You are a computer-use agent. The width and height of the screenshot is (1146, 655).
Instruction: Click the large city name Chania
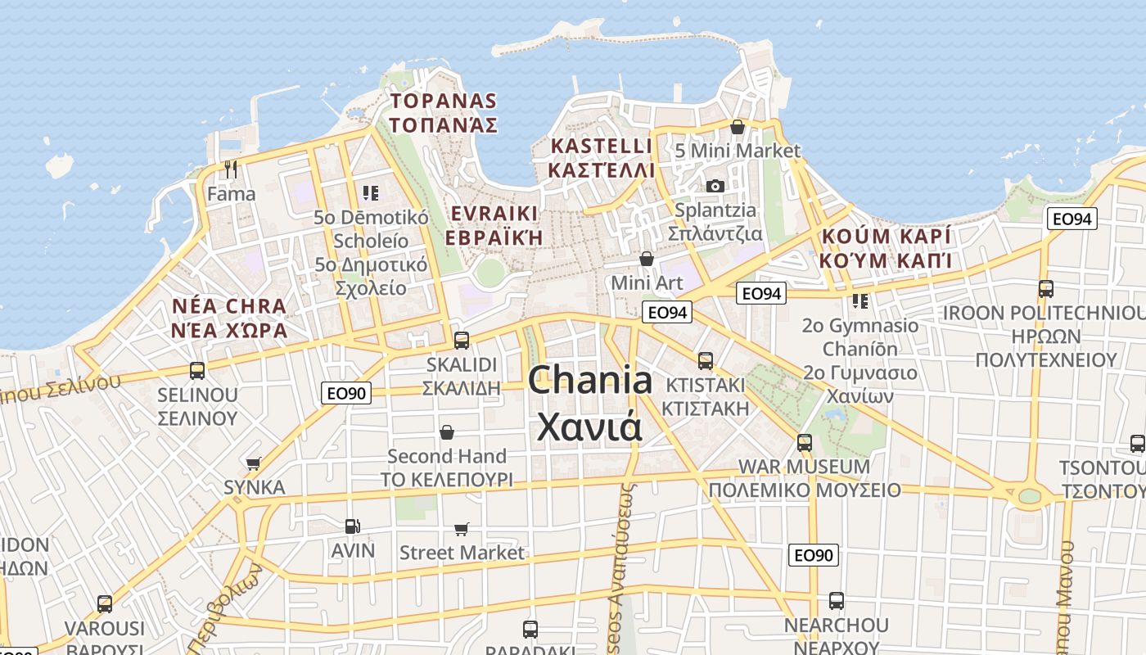coord(589,381)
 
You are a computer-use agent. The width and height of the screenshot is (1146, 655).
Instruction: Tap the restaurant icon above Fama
coord(231,169)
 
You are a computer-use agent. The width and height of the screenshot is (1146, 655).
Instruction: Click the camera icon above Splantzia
coord(715,186)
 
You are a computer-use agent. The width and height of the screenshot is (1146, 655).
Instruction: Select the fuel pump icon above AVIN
coord(352,526)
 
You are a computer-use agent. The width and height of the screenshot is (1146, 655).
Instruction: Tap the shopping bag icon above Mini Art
coord(647,259)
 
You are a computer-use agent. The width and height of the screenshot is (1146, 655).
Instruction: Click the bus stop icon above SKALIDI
coord(462,340)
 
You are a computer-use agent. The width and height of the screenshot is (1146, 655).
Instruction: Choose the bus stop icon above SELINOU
coord(197,370)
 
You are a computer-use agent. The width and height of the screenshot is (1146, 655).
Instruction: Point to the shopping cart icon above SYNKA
coord(254,463)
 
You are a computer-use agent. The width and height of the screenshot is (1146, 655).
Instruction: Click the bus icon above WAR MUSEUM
coord(805,443)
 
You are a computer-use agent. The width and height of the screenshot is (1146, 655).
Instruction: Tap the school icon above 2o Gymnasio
coord(859,301)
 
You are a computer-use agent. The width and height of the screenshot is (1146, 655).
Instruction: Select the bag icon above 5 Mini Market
coord(738,127)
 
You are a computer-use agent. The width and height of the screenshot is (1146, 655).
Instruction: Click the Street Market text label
coord(462,553)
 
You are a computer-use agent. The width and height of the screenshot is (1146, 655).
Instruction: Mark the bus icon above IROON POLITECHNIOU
coord(1045,289)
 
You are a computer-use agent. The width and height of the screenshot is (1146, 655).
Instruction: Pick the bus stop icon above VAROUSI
coord(105,604)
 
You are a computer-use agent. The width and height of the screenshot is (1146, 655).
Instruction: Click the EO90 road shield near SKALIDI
coord(346,393)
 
